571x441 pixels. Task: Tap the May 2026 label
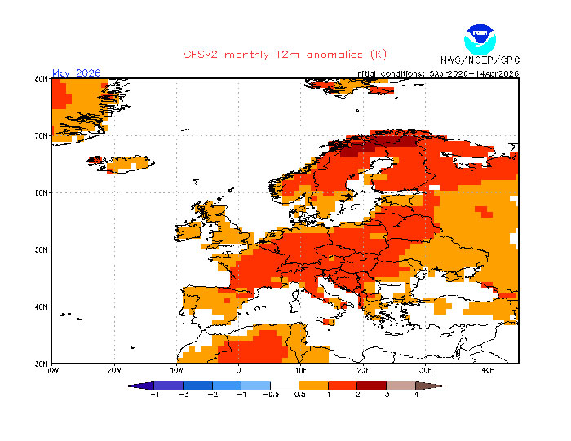click(x=76, y=73)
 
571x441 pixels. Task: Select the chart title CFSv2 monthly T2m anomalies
click(x=285, y=55)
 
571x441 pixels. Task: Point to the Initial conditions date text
click(x=437, y=73)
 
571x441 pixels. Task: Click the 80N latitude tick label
click(x=41, y=78)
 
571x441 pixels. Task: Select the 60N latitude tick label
click(x=41, y=192)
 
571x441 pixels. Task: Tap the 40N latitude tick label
click(x=41, y=306)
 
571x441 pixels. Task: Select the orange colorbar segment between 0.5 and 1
click(x=314, y=386)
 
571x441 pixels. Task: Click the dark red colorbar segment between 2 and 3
click(x=372, y=386)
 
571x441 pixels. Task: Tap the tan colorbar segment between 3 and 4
click(x=401, y=386)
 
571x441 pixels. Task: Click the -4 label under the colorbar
click(x=155, y=395)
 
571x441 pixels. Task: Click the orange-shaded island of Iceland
click(x=122, y=165)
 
